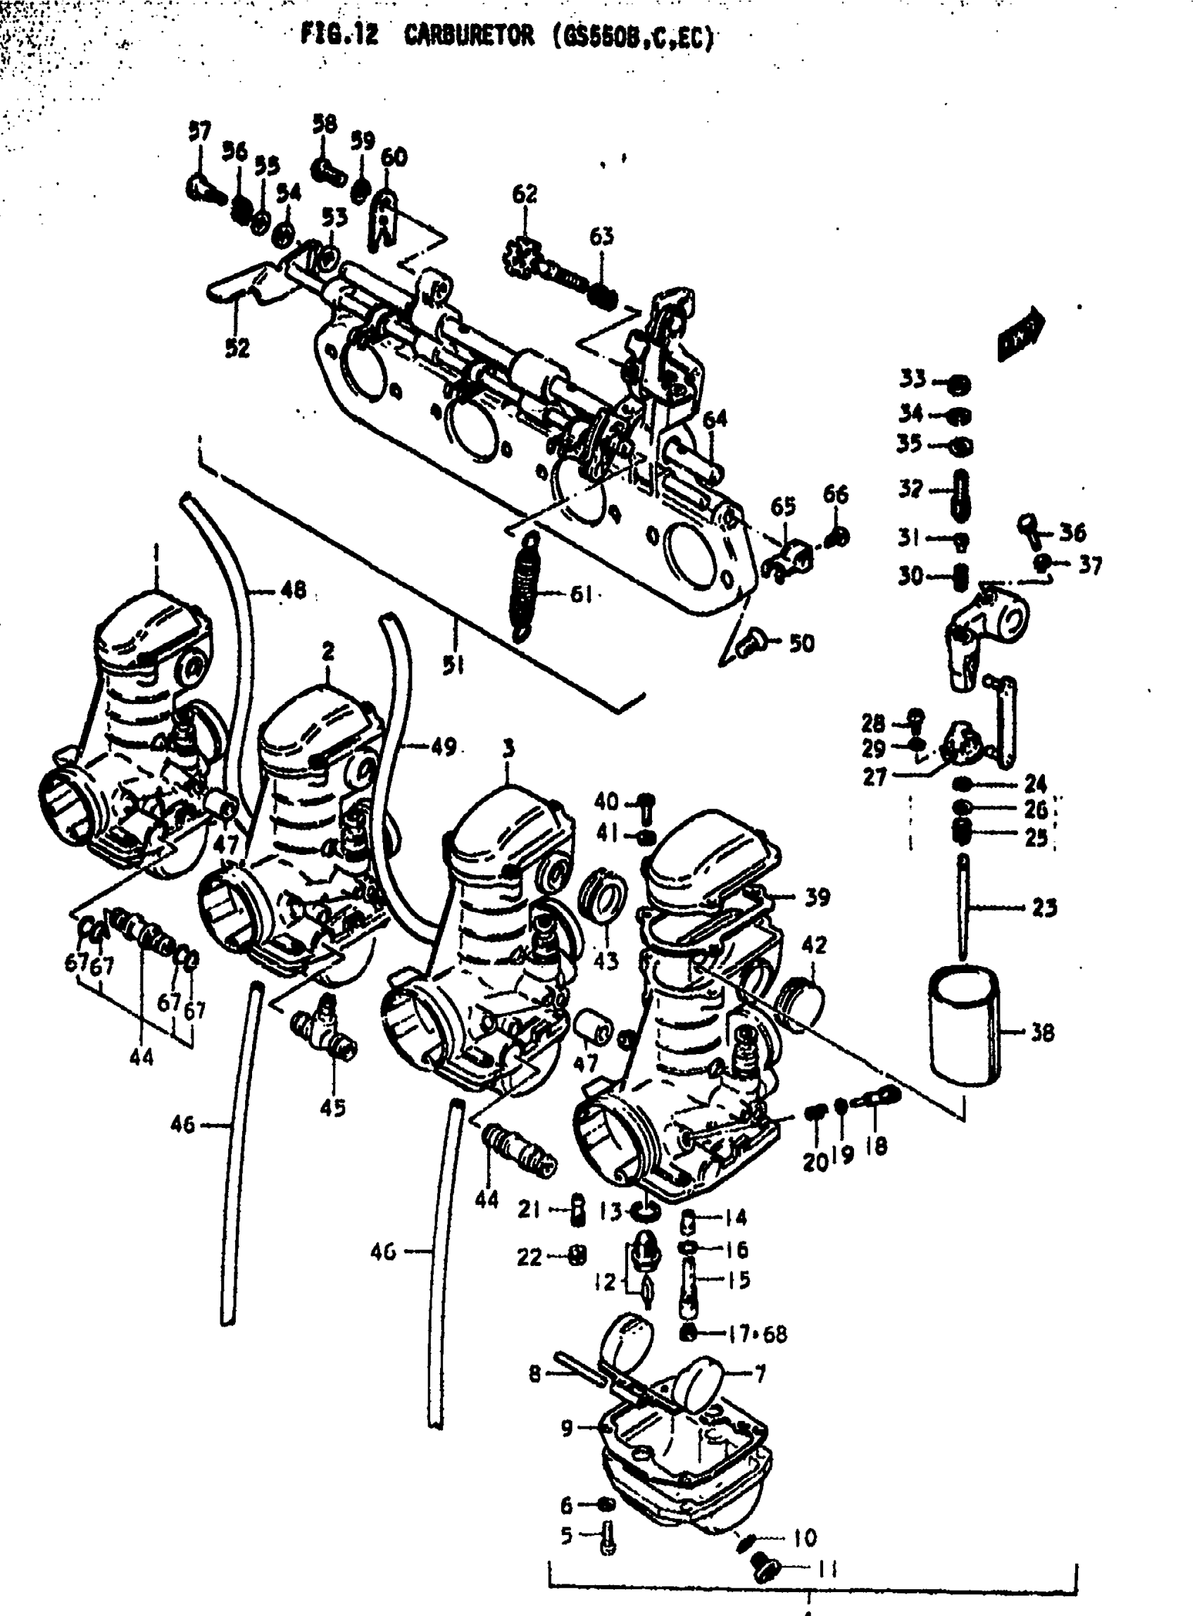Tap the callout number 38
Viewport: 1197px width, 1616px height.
[1042, 1033]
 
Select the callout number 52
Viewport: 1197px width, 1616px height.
[237, 348]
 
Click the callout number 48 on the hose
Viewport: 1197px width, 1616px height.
[293, 590]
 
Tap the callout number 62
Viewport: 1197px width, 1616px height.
[525, 194]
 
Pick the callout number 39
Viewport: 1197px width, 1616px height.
[818, 897]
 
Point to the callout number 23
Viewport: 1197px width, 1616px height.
[1044, 907]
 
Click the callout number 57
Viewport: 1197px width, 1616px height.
[199, 132]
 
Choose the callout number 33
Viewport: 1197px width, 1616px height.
[913, 378]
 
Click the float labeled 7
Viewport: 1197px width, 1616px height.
[699, 1385]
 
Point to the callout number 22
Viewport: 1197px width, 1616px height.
[529, 1257]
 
